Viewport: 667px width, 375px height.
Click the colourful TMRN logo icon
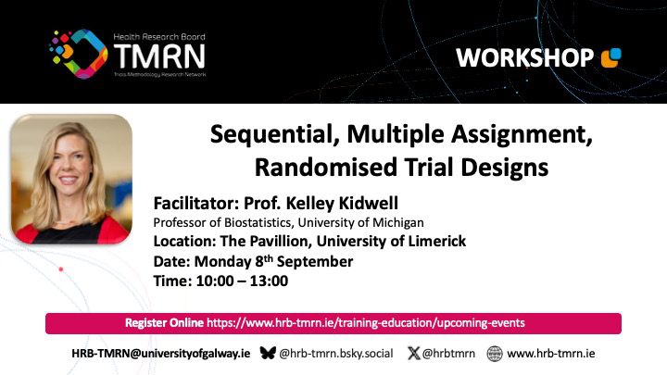[79, 54]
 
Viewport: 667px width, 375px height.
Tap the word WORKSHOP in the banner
[524, 57]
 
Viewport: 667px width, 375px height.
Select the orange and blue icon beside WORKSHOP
[610, 57]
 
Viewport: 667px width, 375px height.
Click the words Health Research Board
[159, 37]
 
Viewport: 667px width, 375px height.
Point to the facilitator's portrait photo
[71, 179]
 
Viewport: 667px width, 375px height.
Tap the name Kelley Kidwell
[343, 203]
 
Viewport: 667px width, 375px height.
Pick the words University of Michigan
[360, 222]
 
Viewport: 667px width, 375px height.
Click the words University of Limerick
[391, 241]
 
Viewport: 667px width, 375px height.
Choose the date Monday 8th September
[273, 261]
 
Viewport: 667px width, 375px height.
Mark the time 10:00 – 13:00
[242, 281]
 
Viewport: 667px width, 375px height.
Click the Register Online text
[164, 323]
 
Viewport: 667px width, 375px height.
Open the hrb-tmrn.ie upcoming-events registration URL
[366, 323]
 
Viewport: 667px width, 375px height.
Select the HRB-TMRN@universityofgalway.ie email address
[161, 354]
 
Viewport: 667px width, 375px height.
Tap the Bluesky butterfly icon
[268, 353]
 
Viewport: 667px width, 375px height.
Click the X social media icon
[413, 353]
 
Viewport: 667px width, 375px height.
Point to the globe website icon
[495, 354]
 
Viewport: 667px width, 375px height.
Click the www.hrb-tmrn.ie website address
[551, 354]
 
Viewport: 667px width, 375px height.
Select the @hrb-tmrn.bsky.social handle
[336, 354]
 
